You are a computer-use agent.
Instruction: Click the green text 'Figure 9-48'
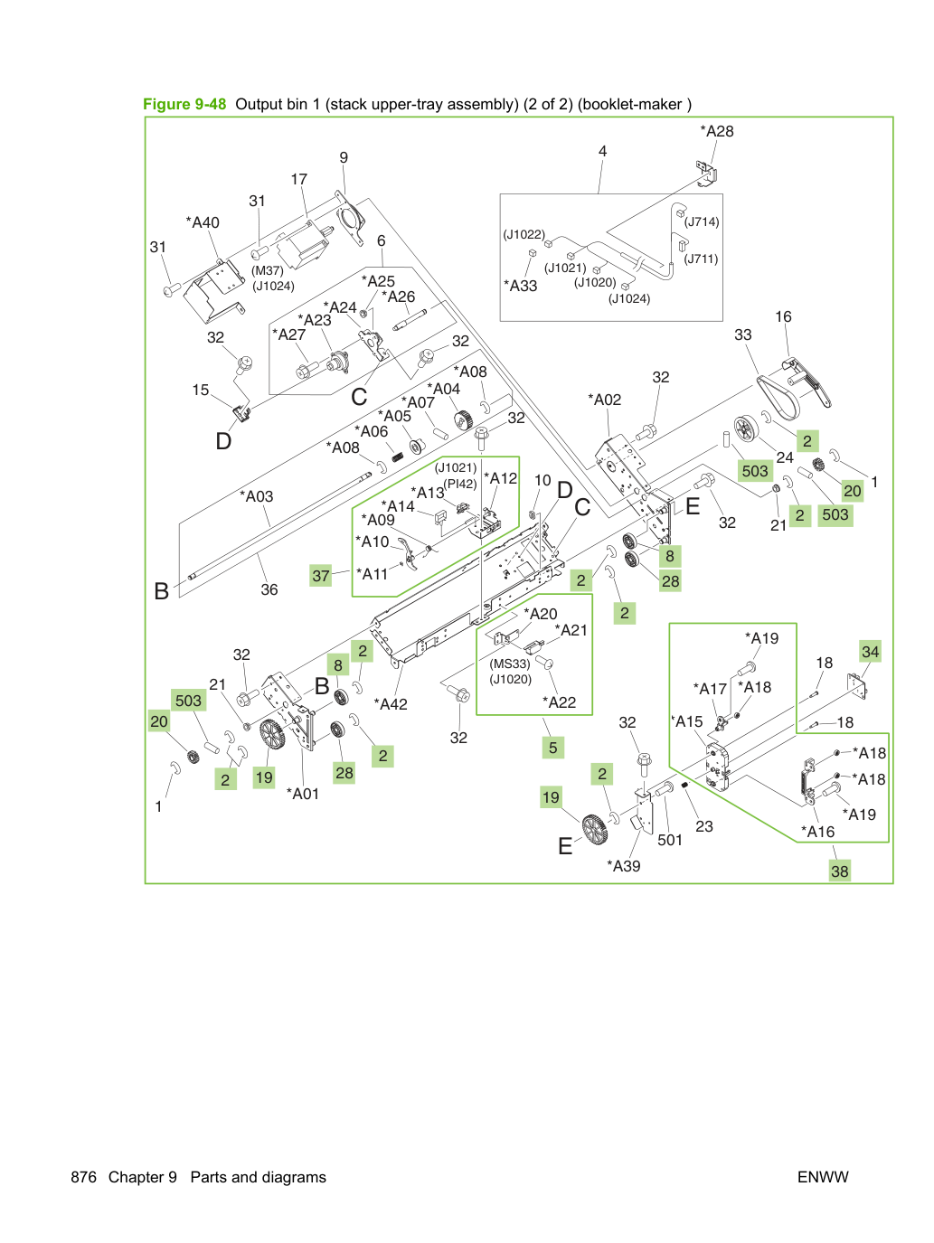coord(184,104)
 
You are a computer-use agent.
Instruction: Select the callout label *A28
coord(716,131)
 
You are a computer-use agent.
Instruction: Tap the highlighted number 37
coord(321,575)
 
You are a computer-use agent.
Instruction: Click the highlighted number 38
coord(839,871)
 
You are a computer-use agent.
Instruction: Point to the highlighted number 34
coord(870,652)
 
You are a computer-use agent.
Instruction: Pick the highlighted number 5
coord(552,748)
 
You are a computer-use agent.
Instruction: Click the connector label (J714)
coord(702,222)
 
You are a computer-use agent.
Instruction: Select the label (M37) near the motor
coord(268,270)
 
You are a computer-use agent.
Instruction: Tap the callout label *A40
coord(203,222)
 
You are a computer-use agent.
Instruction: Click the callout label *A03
coord(256,496)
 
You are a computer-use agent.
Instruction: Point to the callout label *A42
coord(391,704)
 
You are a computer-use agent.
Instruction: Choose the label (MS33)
coord(510,664)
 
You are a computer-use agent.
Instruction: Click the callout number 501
coord(669,840)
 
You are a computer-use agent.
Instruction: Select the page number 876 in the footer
coord(83,1177)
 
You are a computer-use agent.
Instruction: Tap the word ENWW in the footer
coord(823,1177)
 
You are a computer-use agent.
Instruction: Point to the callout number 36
coord(269,589)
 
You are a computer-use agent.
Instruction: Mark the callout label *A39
coord(623,866)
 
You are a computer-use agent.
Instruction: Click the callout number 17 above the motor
coord(299,180)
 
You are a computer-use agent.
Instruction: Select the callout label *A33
coord(520,286)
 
